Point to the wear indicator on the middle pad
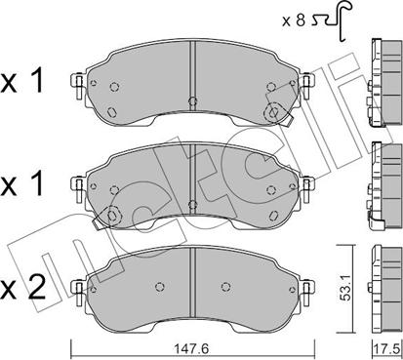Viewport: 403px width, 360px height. click(x=113, y=214)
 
